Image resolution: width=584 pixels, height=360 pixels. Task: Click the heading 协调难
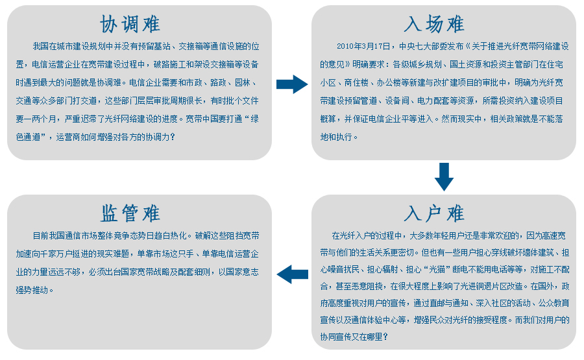coord(130,24)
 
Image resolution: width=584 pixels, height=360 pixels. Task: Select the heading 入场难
coord(434,24)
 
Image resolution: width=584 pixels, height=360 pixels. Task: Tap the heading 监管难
coord(130,213)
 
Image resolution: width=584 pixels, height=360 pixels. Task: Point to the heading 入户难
coord(434,213)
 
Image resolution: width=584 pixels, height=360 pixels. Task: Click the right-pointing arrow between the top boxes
coord(292,84)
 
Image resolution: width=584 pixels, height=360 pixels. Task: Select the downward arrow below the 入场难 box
coord(444,177)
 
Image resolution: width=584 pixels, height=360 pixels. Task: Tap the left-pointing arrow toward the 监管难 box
coord(293,274)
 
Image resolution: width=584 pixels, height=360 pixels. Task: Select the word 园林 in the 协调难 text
coord(243,82)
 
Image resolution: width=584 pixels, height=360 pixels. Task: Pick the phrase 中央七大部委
coord(423,46)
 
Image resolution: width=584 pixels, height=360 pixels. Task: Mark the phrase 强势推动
coord(32,290)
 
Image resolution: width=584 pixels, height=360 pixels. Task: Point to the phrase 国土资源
coord(466,64)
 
